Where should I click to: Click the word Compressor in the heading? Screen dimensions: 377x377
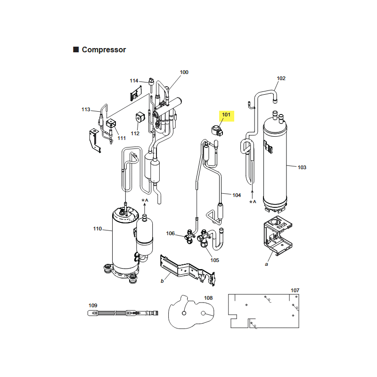coord(104,50)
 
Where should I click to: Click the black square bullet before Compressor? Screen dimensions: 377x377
coord(76,49)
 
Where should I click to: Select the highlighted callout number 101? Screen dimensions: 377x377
coord(226,115)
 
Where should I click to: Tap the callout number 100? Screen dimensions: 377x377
coord(184,72)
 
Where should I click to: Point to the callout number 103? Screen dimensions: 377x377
coord(302,167)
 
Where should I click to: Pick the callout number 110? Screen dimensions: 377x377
coord(98,229)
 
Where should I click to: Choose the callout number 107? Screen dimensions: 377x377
coord(295,290)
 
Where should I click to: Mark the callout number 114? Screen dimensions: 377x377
coord(134,81)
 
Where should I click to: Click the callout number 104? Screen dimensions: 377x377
coord(237,195)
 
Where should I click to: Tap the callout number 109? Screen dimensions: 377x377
coord(93,305)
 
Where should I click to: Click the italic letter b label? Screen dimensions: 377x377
coord(162,281)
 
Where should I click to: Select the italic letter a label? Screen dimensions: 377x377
coord(266,264)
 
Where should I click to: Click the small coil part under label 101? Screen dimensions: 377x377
coord(217,131)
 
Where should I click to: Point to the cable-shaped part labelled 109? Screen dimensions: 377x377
coord(123,313)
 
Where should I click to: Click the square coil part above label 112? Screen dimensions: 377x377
coord(140,117)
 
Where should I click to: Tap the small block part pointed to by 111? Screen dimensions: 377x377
coord(111,123)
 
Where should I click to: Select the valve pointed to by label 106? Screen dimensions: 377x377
coord(190,237)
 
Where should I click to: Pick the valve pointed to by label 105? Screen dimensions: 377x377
coord(203,238)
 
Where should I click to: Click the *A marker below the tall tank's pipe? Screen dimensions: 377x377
coord(253,202)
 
